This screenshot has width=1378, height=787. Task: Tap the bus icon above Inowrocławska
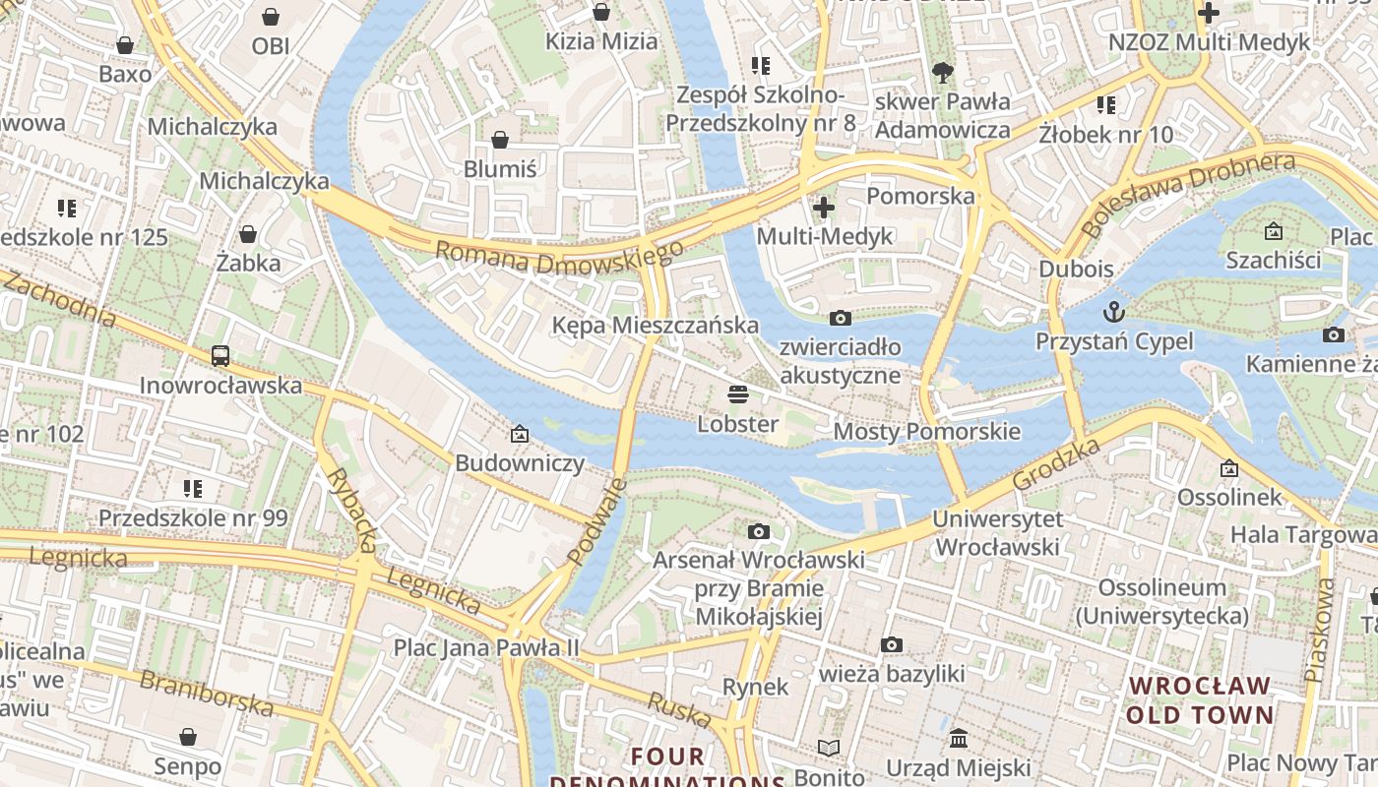(220, 356)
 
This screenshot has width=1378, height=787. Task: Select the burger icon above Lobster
(738, 395)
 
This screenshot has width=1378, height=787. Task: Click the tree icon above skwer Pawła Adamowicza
(942, 72)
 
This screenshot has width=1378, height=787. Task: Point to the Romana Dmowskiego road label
(559, 259)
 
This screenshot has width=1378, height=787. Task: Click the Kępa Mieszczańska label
(655, 326)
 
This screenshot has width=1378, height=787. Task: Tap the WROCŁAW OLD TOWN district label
(1200, 699)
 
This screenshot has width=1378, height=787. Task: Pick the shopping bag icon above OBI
(271, 17)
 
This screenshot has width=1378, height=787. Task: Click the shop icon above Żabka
(248, 234)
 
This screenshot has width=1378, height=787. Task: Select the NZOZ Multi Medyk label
(1210, 42)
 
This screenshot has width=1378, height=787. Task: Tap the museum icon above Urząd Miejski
(958, 738)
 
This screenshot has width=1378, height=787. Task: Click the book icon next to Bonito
(829, 749)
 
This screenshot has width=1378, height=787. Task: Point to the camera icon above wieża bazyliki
(892, 645)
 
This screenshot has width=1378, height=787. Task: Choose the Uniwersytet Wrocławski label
(996, 532)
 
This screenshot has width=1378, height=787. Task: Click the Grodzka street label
(1056, 464)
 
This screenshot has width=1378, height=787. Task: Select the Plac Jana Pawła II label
(486, 647)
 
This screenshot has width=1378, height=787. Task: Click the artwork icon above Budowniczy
(519, 434)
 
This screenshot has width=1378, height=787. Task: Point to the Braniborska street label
(206, 693)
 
